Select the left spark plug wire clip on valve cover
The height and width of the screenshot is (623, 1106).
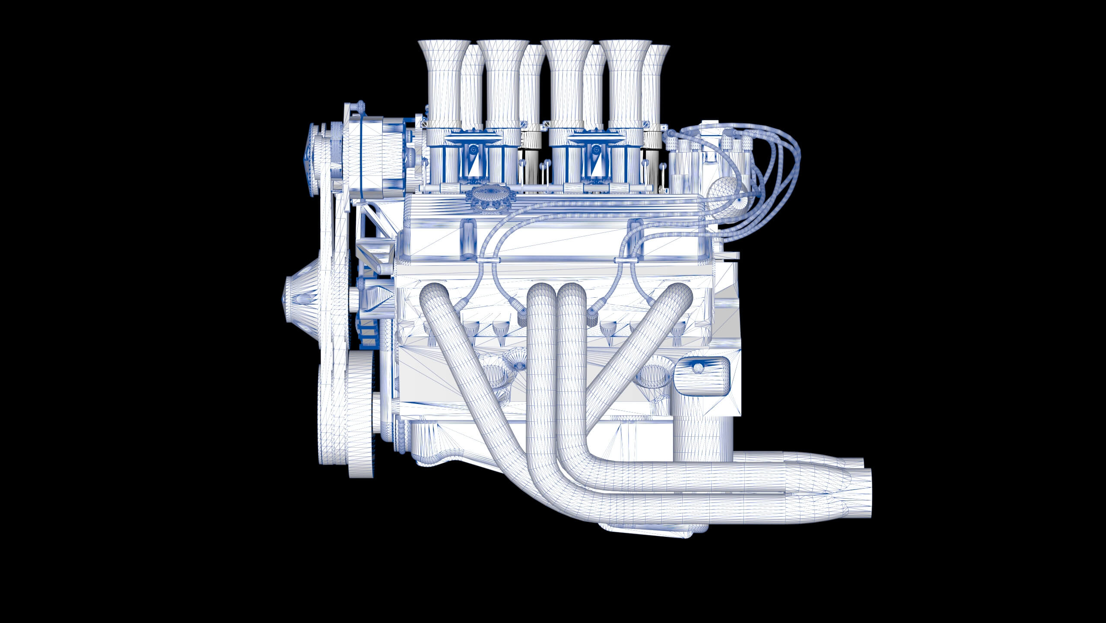coord(489,261)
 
